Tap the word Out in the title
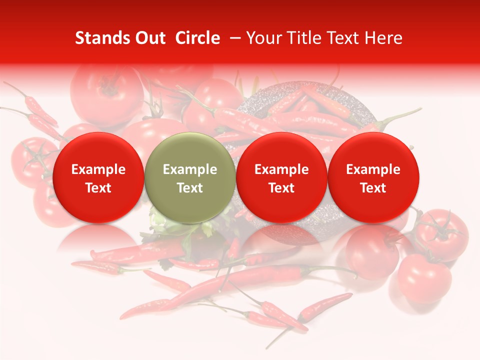coord(149,38)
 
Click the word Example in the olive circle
coord(190,169)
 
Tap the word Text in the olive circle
coord(190,188)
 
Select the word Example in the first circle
coord(98,169)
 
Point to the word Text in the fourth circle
coord(373,188)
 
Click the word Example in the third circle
coord(281,169)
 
